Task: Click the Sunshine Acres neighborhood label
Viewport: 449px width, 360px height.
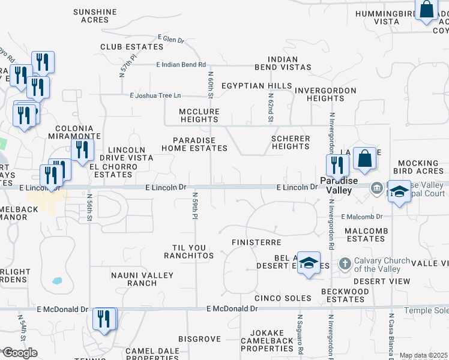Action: tap(95, 16)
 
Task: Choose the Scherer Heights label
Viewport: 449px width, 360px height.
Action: tap(291, 142)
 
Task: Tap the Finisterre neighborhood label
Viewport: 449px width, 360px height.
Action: tap(256, 242)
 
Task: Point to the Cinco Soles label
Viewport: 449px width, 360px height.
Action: tap(283, 298)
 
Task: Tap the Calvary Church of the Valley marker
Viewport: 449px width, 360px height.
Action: tap(345, 263)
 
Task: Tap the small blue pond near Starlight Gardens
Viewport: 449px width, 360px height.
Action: tap(56, 280)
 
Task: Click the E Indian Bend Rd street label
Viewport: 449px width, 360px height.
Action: tap(181, 65)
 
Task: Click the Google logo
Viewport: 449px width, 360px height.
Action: tap(20, 352)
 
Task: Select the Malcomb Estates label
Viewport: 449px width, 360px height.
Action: tap(364, 235)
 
